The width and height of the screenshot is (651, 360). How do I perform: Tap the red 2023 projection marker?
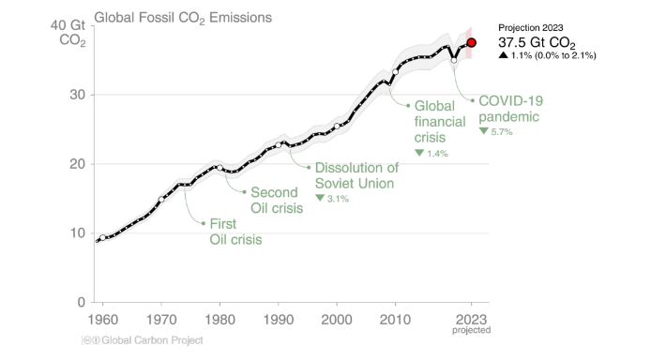click(472, 42)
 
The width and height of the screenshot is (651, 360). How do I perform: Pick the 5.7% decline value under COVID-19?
click(497, 132)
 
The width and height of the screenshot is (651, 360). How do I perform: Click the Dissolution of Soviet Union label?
click(356, 175)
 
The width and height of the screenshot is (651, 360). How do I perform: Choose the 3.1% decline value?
click(332, 198)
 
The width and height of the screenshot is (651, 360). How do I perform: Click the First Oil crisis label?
click(235, 232)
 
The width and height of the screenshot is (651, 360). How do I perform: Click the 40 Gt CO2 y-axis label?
click(70, 33)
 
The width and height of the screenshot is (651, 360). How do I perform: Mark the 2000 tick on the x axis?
click(337, 319)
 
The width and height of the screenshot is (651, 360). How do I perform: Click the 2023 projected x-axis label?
click(472, 323)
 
